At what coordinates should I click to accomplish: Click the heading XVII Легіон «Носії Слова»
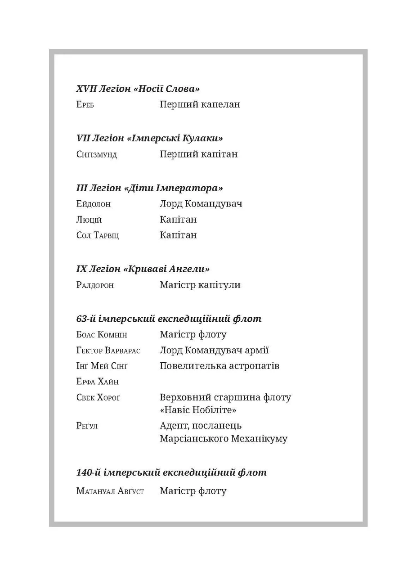[x=138, y=89]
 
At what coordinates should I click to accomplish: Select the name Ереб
[x=85, y=105]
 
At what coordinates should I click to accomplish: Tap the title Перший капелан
[x=200, y=104]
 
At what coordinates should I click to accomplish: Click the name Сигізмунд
[x=97, y=155]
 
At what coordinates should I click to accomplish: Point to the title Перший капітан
[x=198, y=154]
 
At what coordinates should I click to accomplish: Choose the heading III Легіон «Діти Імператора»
[x=149, y=188]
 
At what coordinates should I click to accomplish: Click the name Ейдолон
[x=94, y=204]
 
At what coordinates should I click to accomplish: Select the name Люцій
[x=89, y=220]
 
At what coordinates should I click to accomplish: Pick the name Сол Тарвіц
[x=98, y=236]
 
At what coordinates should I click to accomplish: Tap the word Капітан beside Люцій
[x=178, y=220]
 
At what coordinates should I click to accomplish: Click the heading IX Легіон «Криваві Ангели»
[x=143, y=269]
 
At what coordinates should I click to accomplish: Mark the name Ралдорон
[x=95, y=285]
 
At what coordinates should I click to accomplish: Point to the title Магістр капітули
[x=200, y=285]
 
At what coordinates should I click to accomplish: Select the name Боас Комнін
[x=102, y=335]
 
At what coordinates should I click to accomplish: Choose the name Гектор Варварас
[x=108, y=351]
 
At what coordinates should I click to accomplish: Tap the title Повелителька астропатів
[x=219, y=366]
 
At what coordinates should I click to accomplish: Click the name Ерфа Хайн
[x=98, y=382]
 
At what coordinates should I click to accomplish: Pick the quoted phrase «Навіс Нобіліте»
[x=198, y=410]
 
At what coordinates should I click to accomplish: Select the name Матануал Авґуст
[x=110, y=491]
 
